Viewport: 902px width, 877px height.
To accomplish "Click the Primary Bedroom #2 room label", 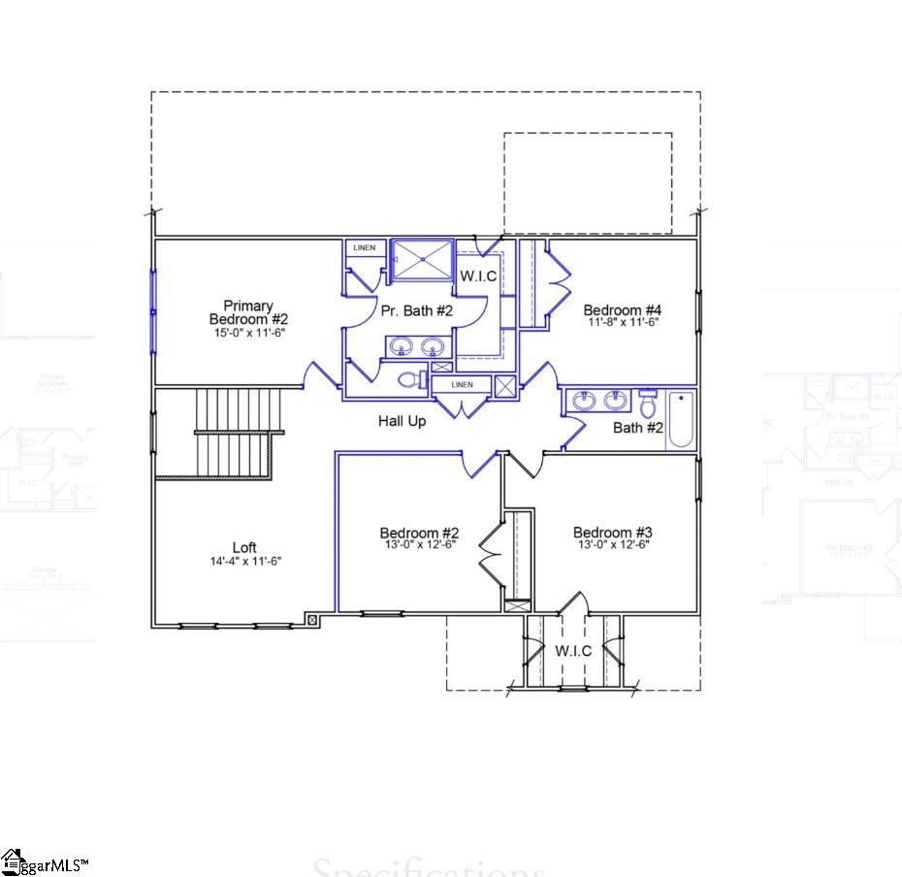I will pyautogui.click(x=248, y=312).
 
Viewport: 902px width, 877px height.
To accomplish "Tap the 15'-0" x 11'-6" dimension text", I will pyautogui.click(x=248, y=333).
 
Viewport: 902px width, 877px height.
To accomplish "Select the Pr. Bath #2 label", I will pyautogui.click(x=416, y=311).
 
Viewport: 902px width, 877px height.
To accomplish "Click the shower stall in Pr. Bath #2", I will pyautogui.click(x=421, y=259).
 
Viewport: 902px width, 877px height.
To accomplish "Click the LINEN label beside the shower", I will pyautogui.click(x=364, y=248).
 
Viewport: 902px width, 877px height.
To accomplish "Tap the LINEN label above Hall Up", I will pyautogui.click(x=462, y=385).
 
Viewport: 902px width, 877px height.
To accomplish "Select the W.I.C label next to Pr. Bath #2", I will pyautogui.click(x=478, y=276).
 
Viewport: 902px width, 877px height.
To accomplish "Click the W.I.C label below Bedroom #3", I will pyautogui.click(x=573, y=651).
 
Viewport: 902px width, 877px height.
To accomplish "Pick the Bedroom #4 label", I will pyautogui.click(x=622, y=310).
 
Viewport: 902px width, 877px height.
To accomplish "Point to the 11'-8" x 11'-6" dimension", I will pyautogui.click(x=622, y=323).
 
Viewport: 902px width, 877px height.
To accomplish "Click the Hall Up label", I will pyautogui.click(x=402, y=421).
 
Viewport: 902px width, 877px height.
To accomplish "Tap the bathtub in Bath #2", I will pyautogui.click(x=681, y=419).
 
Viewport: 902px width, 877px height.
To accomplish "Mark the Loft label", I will pyautogui.click(x=244, y=548).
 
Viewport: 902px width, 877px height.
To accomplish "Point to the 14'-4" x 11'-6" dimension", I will pyautogui.click(x=244, y=561).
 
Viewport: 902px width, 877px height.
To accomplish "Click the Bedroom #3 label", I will pyautogui.click(x=612, y=533).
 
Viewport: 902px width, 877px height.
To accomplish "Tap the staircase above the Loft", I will pyautogui.click(x=233, y=432).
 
